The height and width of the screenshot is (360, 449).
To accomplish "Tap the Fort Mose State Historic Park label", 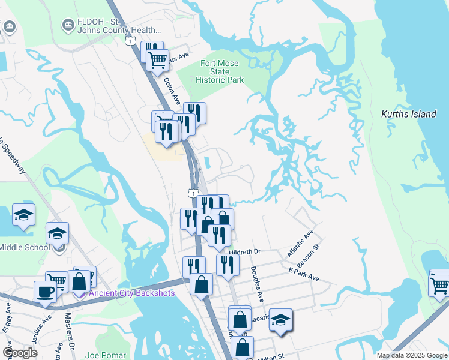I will [x=220, y=72].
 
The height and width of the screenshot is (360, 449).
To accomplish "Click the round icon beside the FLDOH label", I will [x=68, y=24].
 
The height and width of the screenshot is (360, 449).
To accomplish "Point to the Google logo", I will [x=20, y=353].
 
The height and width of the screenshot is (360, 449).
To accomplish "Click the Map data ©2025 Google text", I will [x=412, y=355].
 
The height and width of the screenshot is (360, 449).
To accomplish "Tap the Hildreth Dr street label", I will [x=246, y=253].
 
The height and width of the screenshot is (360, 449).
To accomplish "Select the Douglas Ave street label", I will [x=258, y=284].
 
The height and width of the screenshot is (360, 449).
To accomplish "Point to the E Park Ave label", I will [x=303, y=275].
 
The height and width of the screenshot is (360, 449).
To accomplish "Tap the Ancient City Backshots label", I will [x=132, y=293].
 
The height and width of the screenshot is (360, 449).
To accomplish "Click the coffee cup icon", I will [x=46, y=292].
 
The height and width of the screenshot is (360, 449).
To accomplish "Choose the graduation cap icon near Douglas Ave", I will [x=280, y=319].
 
